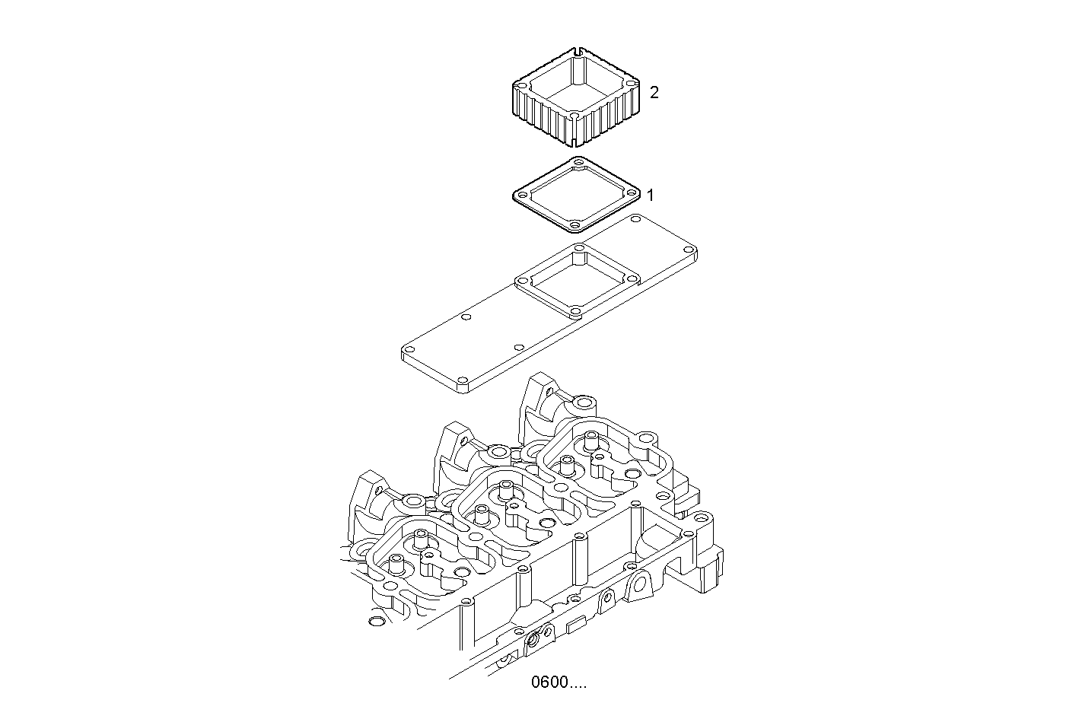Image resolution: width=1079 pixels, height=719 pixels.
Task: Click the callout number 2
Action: pyautogui.click(x=654, y=92)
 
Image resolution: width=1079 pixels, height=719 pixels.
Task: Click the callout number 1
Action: pyautogui.click(x=650, y=195)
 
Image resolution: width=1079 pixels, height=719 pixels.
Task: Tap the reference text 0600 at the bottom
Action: pyautogui.click(x=559, y=682)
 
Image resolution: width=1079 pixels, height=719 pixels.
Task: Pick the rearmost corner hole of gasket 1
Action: pyautogui.click(x=580, y=162)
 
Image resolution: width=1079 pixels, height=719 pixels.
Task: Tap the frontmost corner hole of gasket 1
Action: pyautogui.click(x=575, y=224)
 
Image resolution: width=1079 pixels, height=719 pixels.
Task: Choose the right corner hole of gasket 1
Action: pyautogui.click(x=632, y=193)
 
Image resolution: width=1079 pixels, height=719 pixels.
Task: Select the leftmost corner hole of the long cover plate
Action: pyautogui.click(x=408, y=351)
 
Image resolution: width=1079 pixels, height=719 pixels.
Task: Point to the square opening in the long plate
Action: pyautogui.click(x=575, y=281)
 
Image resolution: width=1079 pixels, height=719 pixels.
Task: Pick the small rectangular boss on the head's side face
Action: pyautogui.click(x=576, y=625)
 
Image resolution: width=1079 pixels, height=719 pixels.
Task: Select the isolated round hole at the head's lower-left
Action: pyautogui.click(x=374, y=624)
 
